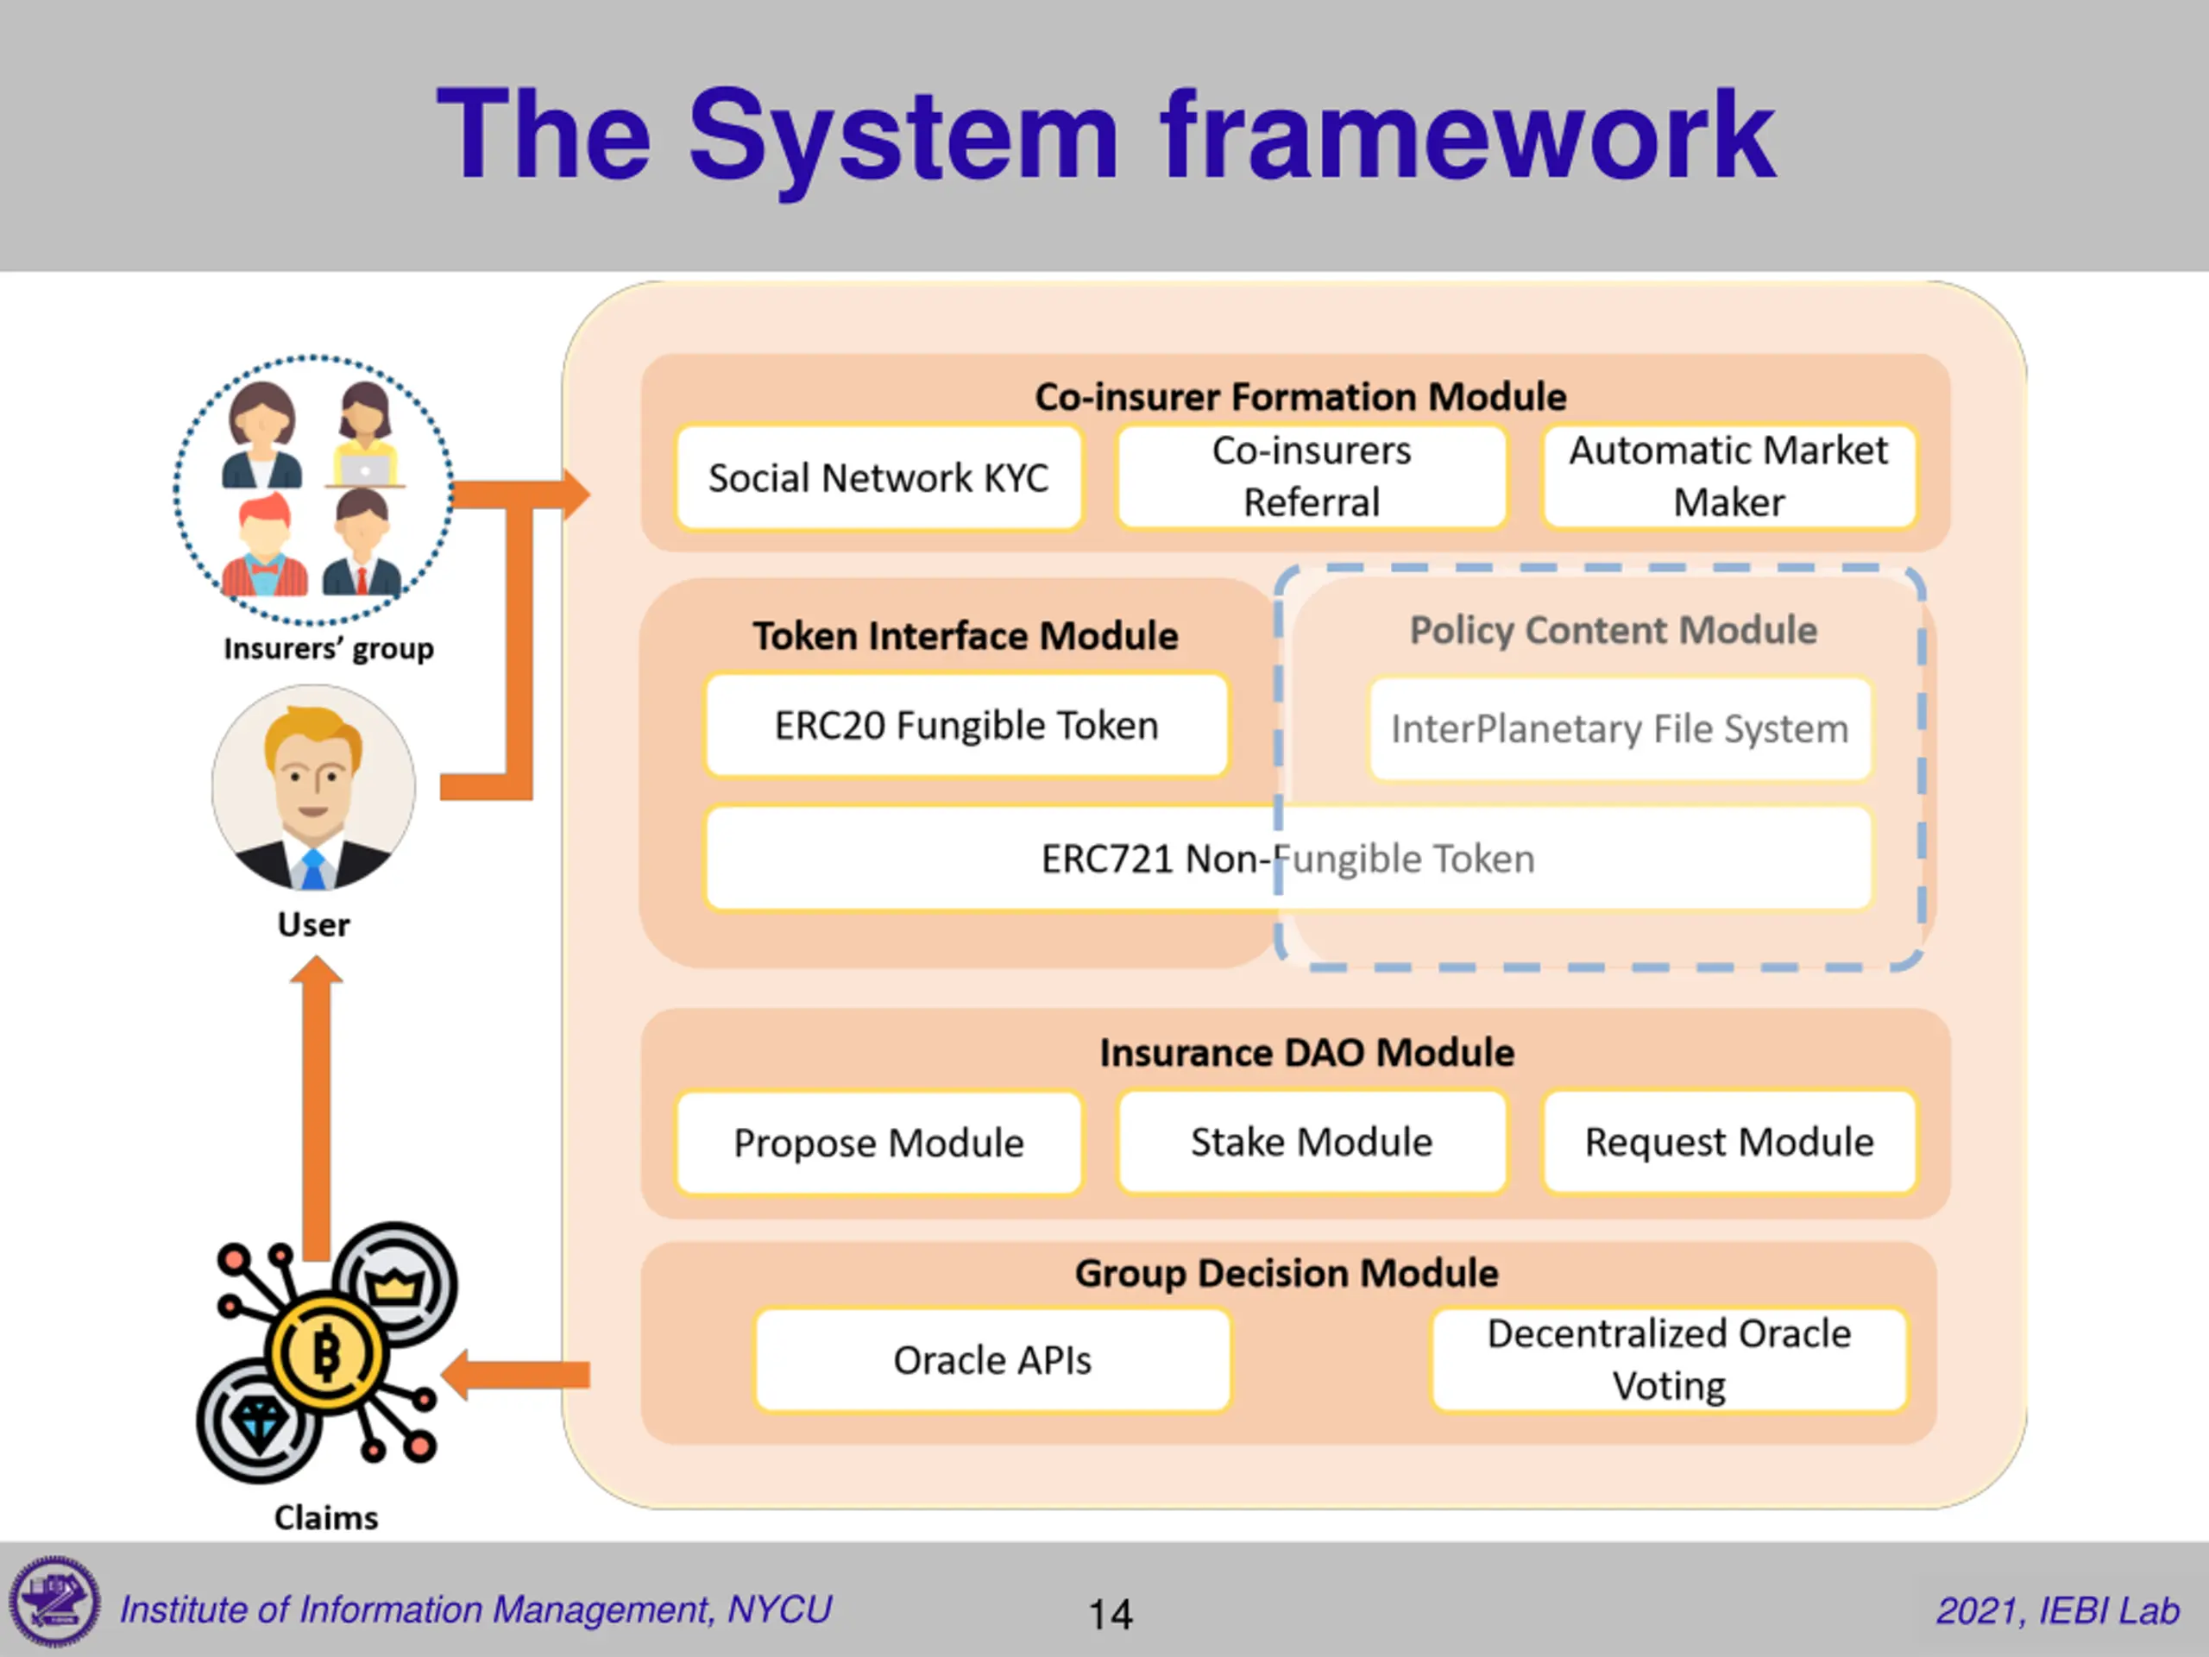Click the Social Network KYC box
pyautogui.click(x=878, y=477)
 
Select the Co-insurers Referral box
pyautogui.click(x=1312, y=476)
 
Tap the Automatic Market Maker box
pyautogui.click(x=1728, y=476)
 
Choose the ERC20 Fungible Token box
pyautogui.click(x=966, y=725)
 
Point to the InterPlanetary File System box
pyautogui.click(x=1619, y=728)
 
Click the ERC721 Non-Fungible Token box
pyautogui.click(x=1287, y=858)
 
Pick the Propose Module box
pyautogui.click(x=878, y=1143)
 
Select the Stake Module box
pyautogui.click(x=1312, y=1142)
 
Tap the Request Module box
pyautogui.click(x=1728, y=1142)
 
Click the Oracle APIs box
pyautogui.click(x=991, y=1359)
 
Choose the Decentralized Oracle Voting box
pyautogui.click(x=1668, y=1359)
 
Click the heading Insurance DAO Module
pyautogui.click(x=1306, y=1053)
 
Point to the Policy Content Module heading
pyautogui.click(x=1613, y=630)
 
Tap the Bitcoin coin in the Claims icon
pyautogui.click(x=326, y=1354)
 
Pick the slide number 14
pyautogui.click(x=1110, y=1614)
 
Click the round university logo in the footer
pyautogui.click(x=55, y=1602)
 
